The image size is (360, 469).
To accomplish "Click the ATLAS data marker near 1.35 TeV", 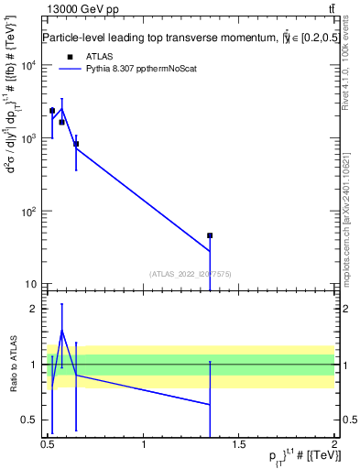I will (x=210, y=235).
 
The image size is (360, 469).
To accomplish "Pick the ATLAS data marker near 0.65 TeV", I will (x=76, y=144).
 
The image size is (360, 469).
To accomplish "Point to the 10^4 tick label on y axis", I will (x=28, y=65).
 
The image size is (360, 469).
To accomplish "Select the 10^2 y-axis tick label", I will (x=28, y=212).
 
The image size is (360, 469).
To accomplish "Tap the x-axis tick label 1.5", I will (x=240, y=444).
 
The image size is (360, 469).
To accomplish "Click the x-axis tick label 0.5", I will (x=49, y=444).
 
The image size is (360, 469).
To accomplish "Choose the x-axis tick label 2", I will (x=334, y=444).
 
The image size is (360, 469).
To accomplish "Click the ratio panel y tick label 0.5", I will (x=32, y=420).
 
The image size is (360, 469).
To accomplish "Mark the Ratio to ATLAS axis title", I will (x=13, y=364).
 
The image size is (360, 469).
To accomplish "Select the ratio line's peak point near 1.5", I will (x=61, y=331).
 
